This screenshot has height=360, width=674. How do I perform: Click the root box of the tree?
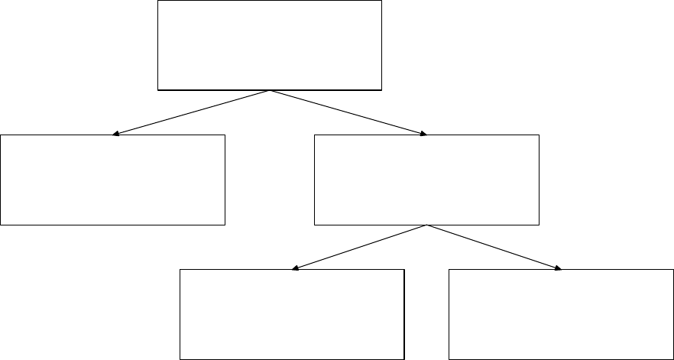tap(269, 45)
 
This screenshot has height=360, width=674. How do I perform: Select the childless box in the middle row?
tap(113, 180)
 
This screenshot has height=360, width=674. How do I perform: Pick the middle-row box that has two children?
tap(426, 180)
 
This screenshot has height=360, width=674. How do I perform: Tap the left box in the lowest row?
tap(291, 314)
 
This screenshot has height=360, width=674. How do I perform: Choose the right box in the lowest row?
tap(561, 314)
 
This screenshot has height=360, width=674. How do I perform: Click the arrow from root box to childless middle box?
tap(191, 113)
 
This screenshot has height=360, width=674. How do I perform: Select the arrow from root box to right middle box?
tap(348, 113)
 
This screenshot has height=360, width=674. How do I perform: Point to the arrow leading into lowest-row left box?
tap(359, 247)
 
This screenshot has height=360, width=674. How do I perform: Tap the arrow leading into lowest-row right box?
tap(494, 247)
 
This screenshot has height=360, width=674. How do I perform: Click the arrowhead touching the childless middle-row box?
tap(115, 135)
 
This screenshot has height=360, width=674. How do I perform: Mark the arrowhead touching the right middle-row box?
tap(423, 135)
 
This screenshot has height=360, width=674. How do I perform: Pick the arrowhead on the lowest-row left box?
tap(295, 268)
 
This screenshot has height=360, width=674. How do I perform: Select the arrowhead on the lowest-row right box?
tap(559, 268)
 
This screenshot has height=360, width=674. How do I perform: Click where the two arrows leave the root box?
tap(270, 91)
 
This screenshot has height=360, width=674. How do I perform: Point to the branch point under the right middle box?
tap(426, 225)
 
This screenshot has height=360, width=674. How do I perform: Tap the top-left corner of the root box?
tap(157, 1)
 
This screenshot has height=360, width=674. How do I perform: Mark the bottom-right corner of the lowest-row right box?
tap(672, 358)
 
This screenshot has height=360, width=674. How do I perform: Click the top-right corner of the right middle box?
tap(539, 135)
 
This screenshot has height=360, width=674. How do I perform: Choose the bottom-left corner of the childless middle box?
tap(1, 224)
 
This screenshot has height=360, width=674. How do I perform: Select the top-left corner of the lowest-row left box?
tap(180, 270)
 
